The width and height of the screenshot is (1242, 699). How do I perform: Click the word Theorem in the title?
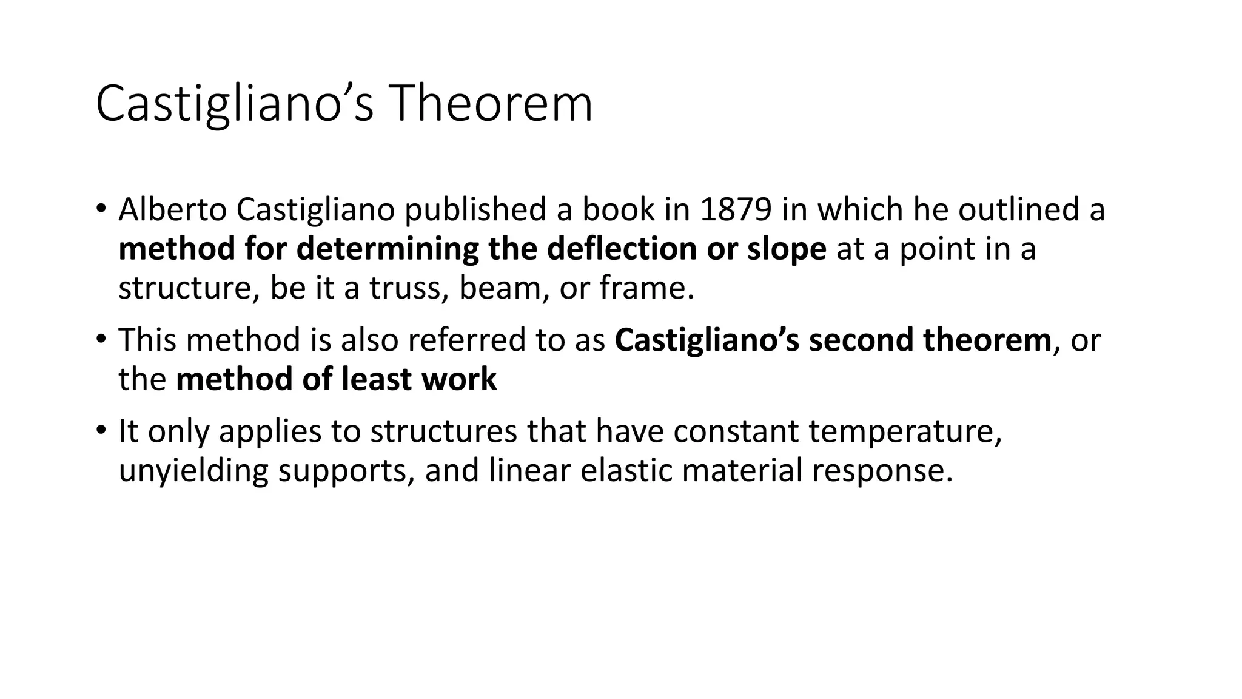point(492,104)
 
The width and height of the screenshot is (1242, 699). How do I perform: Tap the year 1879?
point(736,209)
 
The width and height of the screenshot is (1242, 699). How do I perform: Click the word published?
point(475,211)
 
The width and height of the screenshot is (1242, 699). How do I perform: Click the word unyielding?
point(193,471)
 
